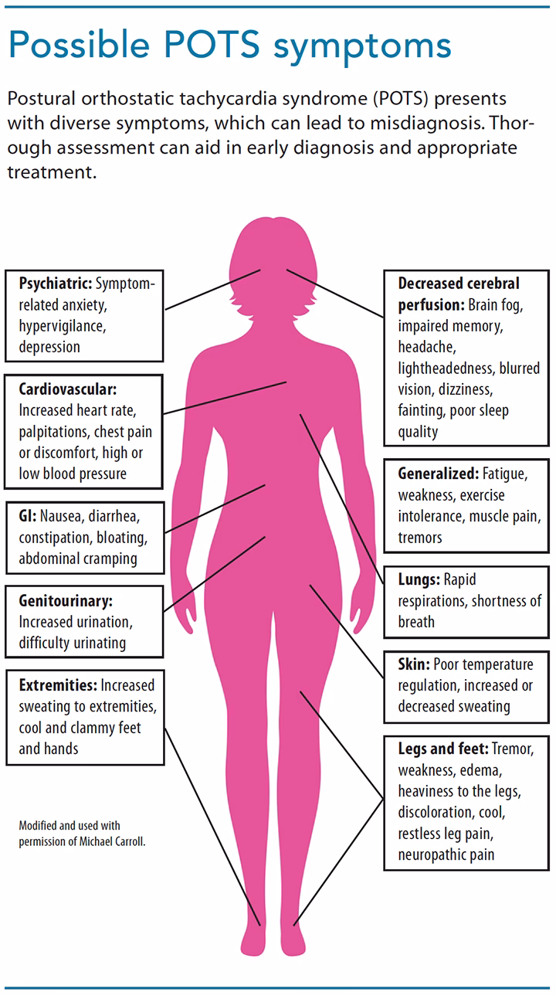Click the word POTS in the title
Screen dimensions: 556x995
212,45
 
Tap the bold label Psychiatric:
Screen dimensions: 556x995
55,284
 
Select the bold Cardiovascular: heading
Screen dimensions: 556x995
67,389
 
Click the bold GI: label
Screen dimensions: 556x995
28,516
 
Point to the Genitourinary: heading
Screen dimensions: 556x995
66,601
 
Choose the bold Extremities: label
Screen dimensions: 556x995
58,685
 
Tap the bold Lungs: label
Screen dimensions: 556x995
419,579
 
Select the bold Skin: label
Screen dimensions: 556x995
413,664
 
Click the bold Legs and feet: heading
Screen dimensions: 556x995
442,749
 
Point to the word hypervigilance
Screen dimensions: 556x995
63,327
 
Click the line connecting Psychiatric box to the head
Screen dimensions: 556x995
212,290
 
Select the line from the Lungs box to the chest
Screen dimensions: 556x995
341,499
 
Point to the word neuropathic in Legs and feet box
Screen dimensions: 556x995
424,855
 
